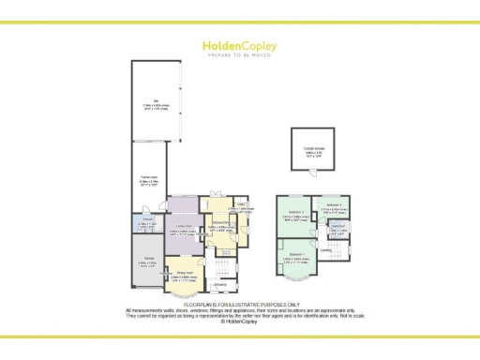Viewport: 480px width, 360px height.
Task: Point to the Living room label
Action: tap(185, 227)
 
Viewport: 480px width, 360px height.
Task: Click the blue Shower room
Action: tap(148, 223)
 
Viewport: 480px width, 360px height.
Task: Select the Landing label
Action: tap(323, 249)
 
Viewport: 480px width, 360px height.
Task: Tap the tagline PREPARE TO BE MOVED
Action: tap(240, 53)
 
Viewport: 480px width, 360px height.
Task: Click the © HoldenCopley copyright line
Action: tap(240, 321)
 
